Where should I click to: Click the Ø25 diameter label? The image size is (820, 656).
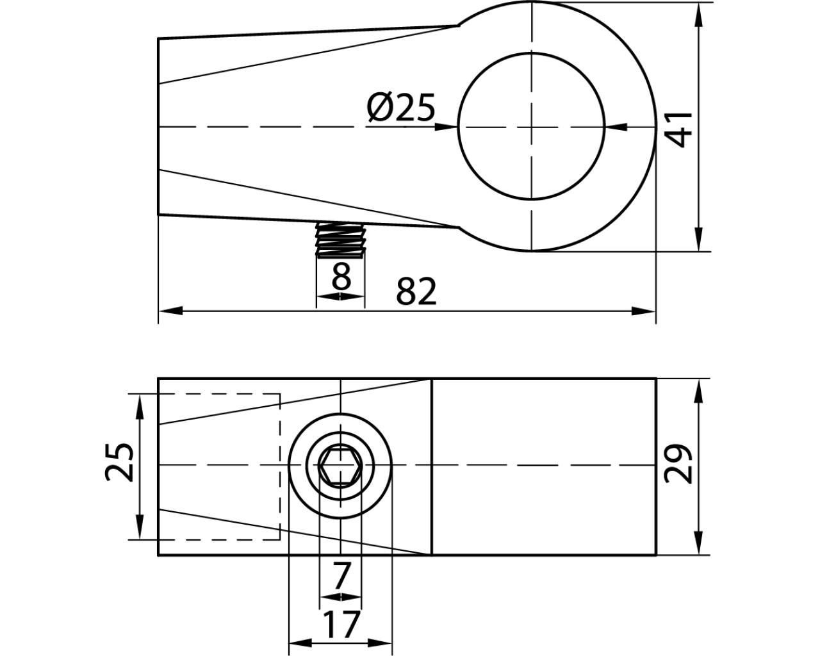tap(401, 108)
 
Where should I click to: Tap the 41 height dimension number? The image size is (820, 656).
tap(680, 129)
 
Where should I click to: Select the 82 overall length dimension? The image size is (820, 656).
tap(416, 291)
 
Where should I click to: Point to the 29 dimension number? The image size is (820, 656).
tap(678, 464)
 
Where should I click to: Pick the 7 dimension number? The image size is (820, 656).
tap(340, 576)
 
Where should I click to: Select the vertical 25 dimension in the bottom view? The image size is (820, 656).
tap(119, 463)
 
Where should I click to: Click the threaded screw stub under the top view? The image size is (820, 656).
tap(341, 240)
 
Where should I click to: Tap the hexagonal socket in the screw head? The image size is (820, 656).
tap(340, 465)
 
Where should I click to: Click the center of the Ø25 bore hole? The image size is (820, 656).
tap(531, 126)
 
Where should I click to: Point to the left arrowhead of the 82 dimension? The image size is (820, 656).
tap(170, 311)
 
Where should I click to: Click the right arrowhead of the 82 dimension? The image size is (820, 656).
tap(643, 311)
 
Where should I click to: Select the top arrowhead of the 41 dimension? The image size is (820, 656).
tap(698, 15)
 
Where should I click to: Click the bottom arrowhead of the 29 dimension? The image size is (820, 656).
tap(698, 543)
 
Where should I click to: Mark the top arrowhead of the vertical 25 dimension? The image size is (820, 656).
tap(140, 407)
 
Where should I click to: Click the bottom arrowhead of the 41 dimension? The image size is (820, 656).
tap(698, 239)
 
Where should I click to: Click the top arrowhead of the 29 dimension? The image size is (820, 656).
tap(698, 391)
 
